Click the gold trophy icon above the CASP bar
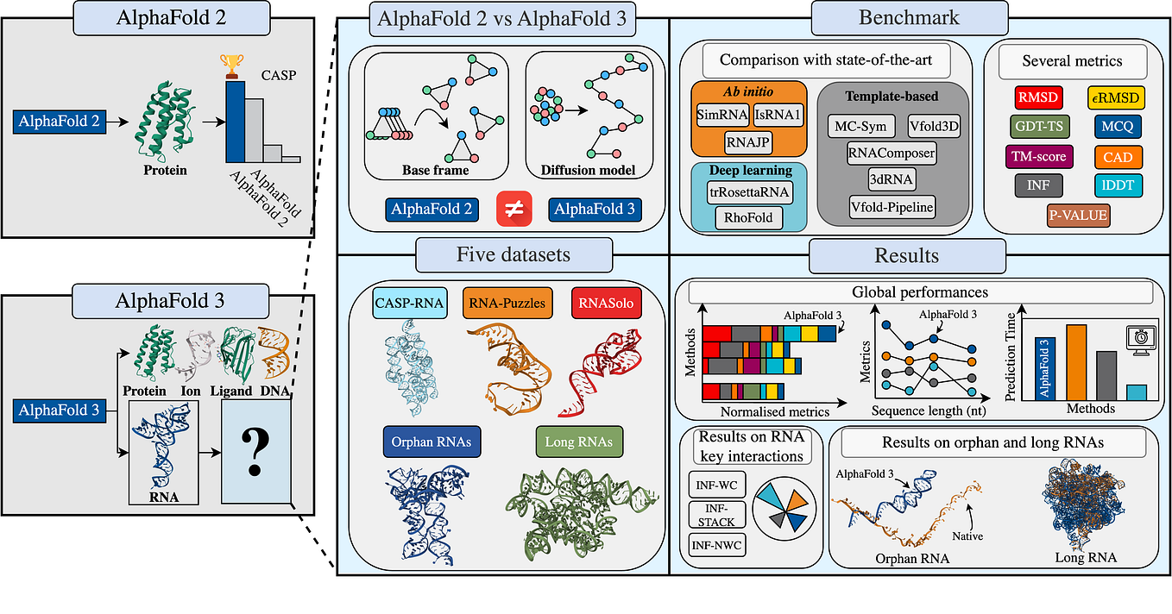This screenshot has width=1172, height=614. tap(232, 66)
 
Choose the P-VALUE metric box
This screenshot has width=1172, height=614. tap(1067, 215)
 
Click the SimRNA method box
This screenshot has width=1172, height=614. tap(722, 114)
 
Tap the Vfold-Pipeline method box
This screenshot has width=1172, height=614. tap(892, 207)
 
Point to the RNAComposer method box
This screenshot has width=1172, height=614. tap(892, 152)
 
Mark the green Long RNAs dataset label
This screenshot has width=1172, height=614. tap(579, 442)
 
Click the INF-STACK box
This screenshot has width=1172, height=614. tap(715, 515)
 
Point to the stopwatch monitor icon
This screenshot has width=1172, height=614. tap(1139, 337)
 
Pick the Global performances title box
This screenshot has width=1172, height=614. tap(918, 292)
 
